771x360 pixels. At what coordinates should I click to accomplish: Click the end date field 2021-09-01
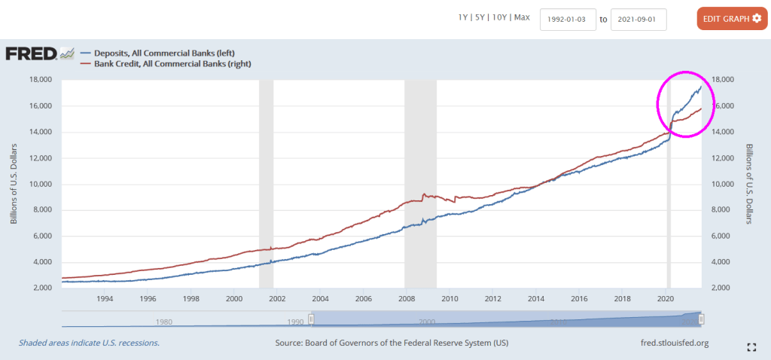pos(638,19)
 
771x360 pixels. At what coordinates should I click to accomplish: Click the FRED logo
pos(32,53)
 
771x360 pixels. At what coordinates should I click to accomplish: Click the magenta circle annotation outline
pos(658,105)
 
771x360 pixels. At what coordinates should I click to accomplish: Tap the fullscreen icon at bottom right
pos(751,347)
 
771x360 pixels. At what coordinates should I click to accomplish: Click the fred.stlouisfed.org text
pos(673,343)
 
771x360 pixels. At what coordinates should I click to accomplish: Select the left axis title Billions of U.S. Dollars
pos(14,184)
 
